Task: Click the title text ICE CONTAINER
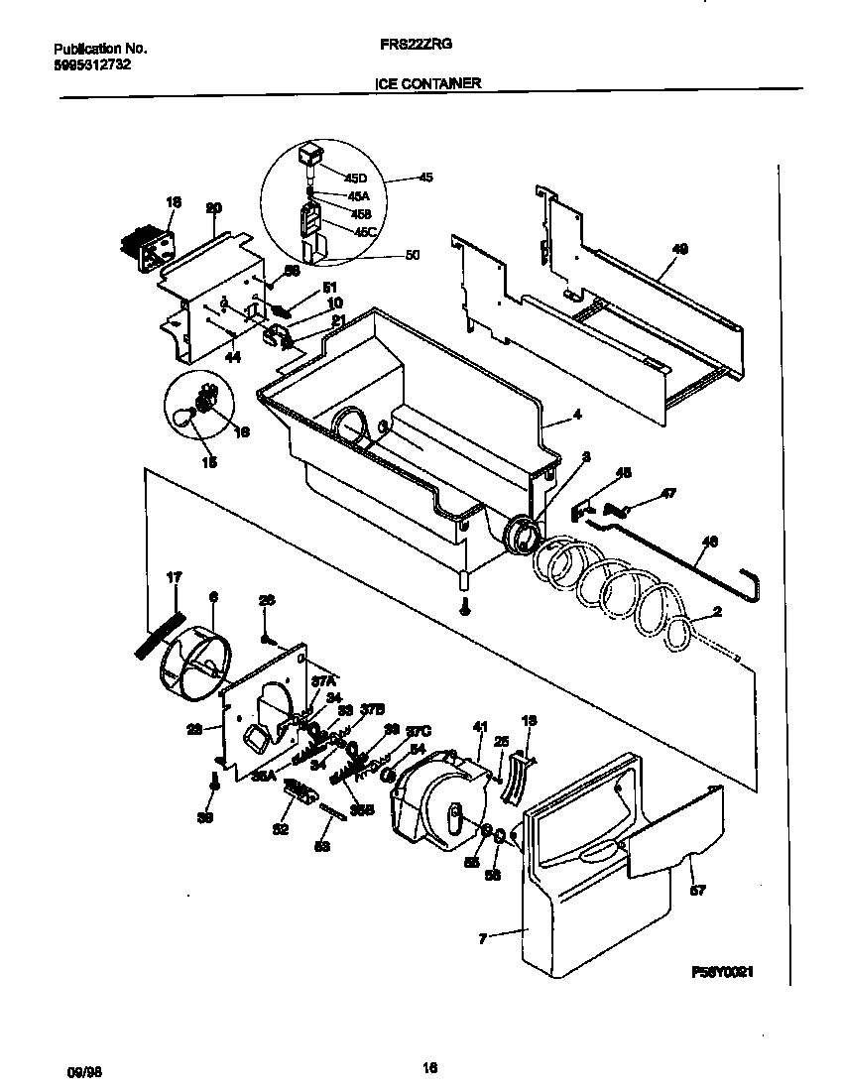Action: pos(427,84)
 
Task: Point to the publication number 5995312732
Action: pos(92,64)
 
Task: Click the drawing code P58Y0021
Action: pos(723,973)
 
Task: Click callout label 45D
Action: pos(355,178)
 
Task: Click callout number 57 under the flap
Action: pos(697,890)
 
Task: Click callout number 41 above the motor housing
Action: pos(480,727)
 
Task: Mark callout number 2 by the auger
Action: pos(716,612)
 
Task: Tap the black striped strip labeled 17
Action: pos(159,633)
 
